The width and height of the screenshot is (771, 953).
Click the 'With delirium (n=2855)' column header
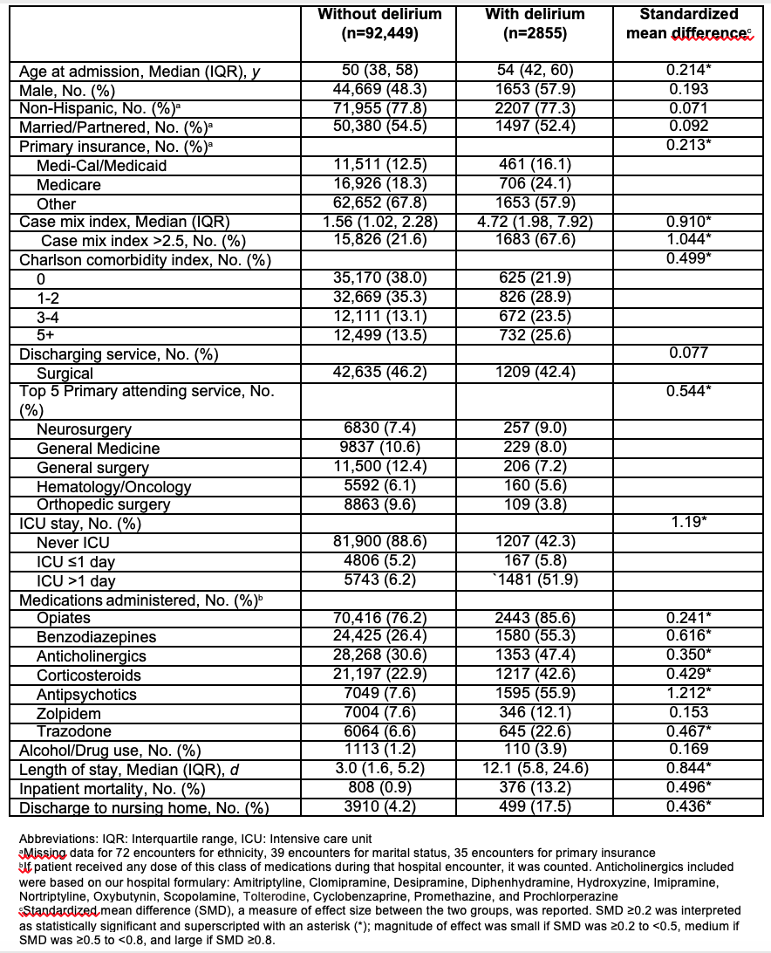pyautogui.click(x=538, y=24)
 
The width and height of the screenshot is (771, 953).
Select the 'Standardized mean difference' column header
pyautogui.click(x=688, y=24)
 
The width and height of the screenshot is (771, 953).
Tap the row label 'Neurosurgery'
pyautogui.click(x=84, y=429)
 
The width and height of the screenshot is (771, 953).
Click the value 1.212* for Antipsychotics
pyautogui.click(x=688, y=695)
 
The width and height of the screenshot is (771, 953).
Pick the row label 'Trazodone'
pyautogui.click(x=72, y=731)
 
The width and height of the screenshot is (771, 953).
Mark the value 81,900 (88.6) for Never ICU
pyautogui.click(x=379, y=543)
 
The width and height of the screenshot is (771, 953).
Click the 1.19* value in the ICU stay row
pyautogui.click(x=688, y=524)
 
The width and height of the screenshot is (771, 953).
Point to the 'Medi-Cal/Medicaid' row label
pyautogui.click(x=101, y=165)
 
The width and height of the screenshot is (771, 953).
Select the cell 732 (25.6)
pyautogui.click(x=538, y=334)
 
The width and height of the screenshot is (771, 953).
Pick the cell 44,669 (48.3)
pyautogui.click(x=379, y=90)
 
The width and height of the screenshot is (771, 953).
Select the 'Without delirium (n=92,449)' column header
pyautogui.click(x=379, y=24)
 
